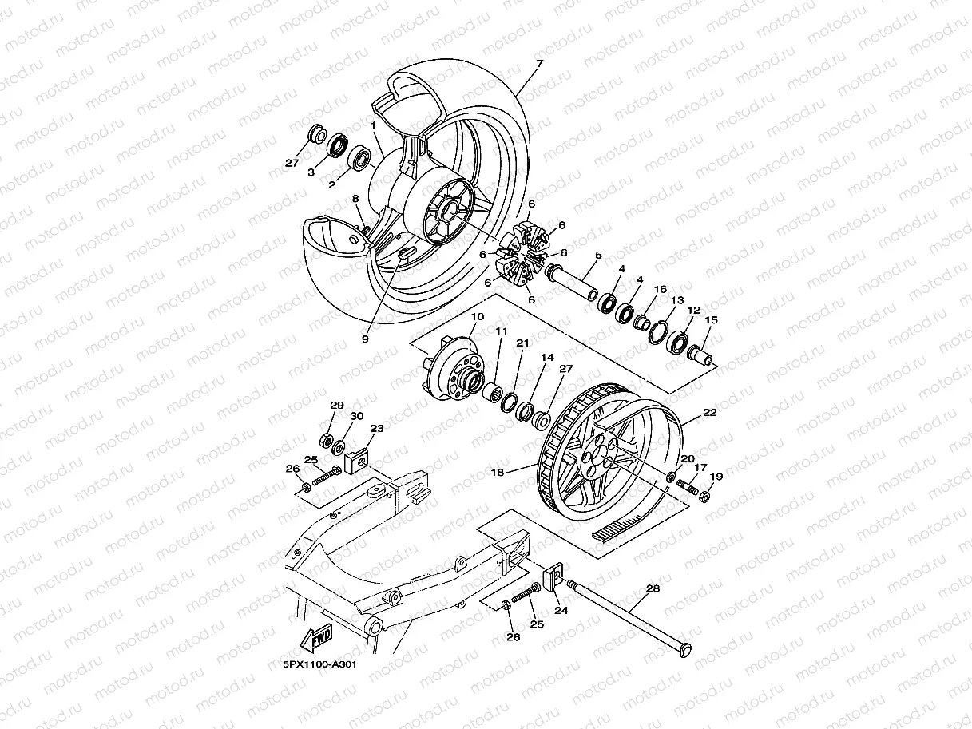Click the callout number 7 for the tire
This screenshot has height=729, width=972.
click(x=539, y=62)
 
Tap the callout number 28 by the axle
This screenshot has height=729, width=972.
click(x=653, y=588)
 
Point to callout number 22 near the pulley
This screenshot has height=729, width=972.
click(x=709, y=413)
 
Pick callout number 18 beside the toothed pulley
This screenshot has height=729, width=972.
click(x=497, y=473)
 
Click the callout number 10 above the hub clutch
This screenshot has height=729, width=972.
click(x=477, y=317)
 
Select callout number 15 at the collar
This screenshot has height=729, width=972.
click(x=711, y=320)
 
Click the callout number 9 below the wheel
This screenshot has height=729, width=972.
click(x=365, y=339)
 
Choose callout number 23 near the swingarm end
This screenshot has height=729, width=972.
click(x=376, y=429)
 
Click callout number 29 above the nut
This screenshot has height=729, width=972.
click(x=336, y=406)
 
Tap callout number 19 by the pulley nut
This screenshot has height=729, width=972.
click(x=716, y=477)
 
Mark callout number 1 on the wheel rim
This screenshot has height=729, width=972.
click(x=373, y=125)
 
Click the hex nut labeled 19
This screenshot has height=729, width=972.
click(x=704, y=497)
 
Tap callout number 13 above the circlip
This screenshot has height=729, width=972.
click(x=677, y=300)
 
